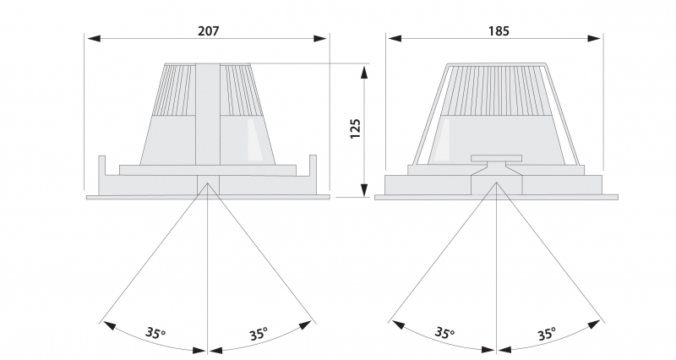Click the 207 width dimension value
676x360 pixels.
pos(208,30)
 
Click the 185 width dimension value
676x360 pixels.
pos(498,30)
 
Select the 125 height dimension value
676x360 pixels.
pos(356,128)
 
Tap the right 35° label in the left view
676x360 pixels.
pos(258,333)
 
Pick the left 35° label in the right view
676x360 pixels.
pos(444,333)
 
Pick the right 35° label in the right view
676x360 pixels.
pos(547,333)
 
